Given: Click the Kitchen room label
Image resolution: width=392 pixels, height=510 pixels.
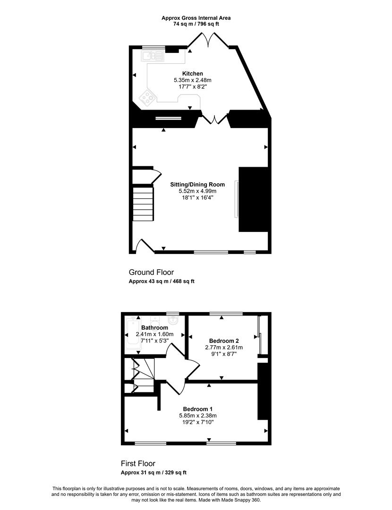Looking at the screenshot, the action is point(192,74).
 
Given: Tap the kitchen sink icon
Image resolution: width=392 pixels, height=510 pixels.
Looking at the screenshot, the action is point(152,56).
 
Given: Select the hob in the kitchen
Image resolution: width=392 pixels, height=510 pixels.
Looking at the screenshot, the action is point(147,98).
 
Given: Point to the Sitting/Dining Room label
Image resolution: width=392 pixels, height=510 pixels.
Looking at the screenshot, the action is point(197,185).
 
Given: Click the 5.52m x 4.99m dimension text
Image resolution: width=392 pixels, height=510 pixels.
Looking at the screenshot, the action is point(197,191).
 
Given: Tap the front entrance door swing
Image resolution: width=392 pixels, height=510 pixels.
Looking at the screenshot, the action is point(145,246).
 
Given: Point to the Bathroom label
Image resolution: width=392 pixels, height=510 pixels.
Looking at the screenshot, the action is point(154,328).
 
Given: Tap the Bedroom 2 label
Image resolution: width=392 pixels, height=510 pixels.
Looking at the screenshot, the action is point(224,341).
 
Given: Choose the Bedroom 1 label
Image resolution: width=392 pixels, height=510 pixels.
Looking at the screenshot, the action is point(197,409).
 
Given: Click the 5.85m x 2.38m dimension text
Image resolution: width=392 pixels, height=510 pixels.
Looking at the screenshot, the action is point(197,416).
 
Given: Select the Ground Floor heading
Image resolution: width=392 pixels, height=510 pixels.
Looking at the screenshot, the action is point(151,272).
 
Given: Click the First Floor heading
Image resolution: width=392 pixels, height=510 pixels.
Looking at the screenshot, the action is point(138,464).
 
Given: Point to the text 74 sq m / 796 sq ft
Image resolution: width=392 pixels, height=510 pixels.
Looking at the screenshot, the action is point(196,24).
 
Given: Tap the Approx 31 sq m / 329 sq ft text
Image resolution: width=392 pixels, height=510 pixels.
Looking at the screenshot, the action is point(153,473).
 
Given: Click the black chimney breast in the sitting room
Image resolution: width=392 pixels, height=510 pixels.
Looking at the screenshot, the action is point(254,199).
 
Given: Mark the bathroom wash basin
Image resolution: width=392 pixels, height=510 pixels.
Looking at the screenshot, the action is point(174,320).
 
